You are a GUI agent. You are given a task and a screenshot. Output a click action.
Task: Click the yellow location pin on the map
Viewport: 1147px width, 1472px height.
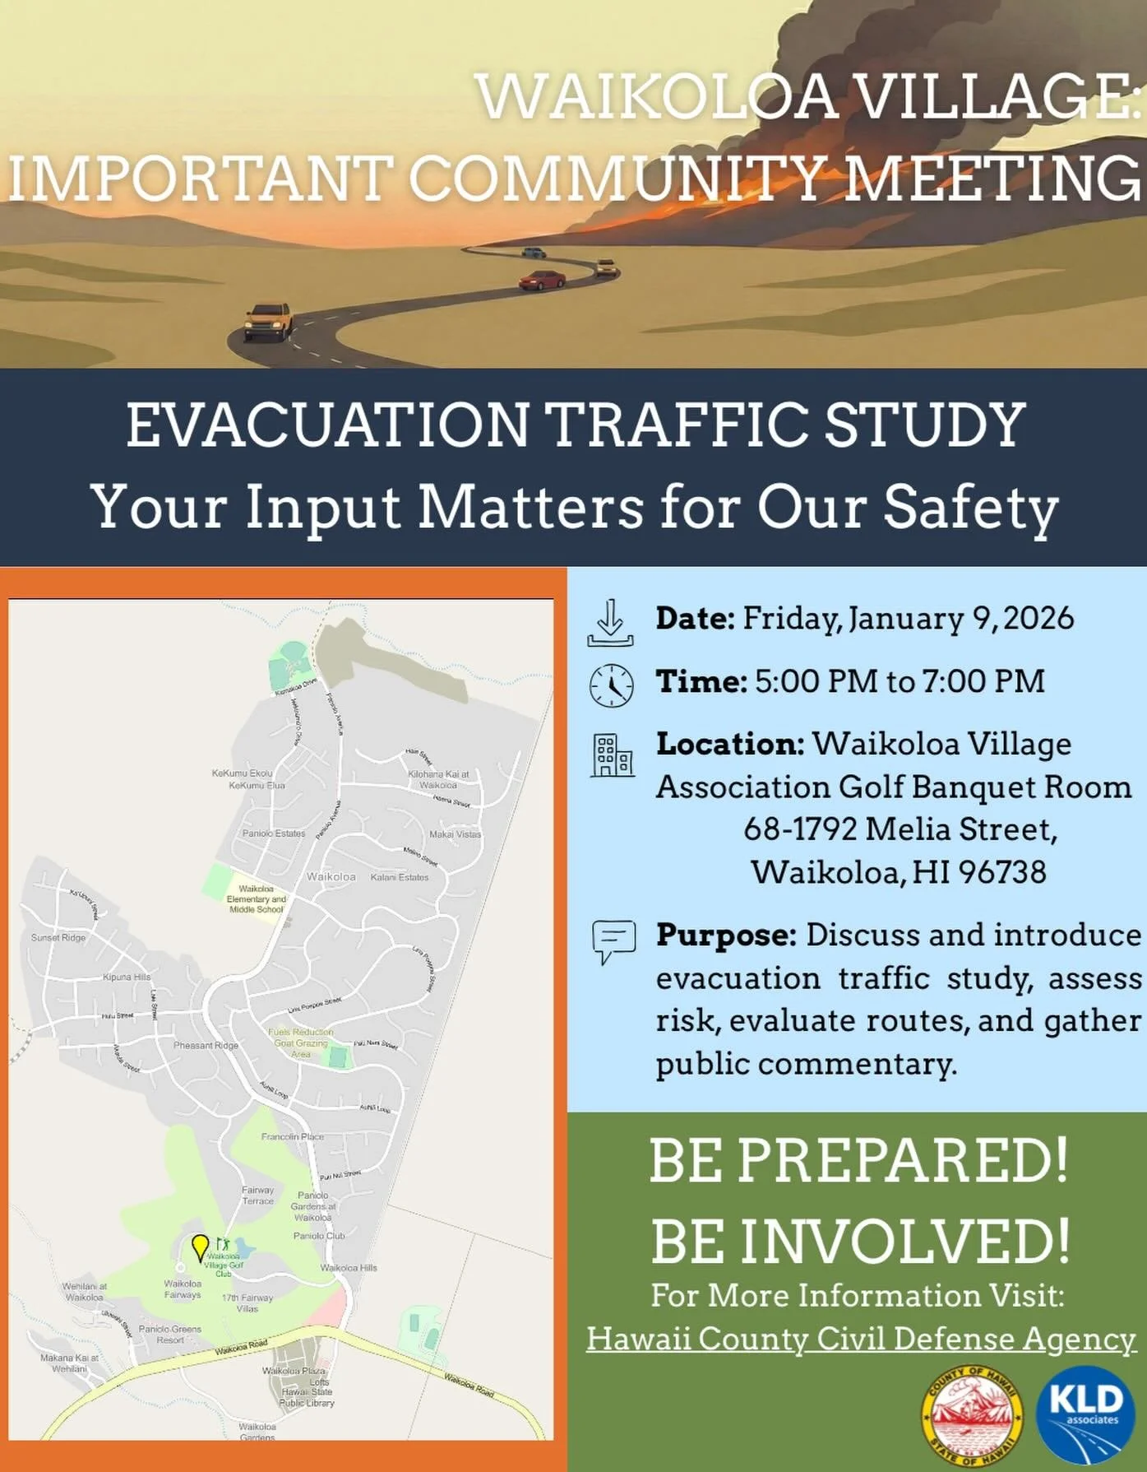tap(200, 1247)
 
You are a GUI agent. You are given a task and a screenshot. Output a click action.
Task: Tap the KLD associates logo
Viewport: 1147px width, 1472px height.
tap(1085, 1414)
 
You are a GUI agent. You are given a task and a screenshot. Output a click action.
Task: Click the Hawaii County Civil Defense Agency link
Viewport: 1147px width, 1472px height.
tap(861, 1338)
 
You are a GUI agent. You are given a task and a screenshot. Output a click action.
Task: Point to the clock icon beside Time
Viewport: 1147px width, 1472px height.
tap(612, 685)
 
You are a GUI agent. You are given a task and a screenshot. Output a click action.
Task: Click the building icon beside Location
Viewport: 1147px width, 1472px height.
tap(613, 755)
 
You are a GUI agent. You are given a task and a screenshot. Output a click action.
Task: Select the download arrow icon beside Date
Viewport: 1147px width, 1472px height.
tap(610, 623)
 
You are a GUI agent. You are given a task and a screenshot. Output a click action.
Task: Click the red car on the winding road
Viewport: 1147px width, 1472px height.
tap(543, 280)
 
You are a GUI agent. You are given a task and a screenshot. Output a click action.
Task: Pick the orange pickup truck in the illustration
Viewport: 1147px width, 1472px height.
tap(269, 321)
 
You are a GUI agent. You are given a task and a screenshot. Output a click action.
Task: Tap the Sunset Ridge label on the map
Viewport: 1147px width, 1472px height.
tap(58, 937)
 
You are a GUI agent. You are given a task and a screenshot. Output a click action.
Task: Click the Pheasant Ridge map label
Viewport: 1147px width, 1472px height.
tap(206, 1045)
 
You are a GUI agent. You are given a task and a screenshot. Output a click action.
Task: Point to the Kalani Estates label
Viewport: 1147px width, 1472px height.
tap(400, 877)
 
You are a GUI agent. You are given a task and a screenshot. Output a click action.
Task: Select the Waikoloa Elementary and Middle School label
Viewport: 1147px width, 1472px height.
tap(257, 899)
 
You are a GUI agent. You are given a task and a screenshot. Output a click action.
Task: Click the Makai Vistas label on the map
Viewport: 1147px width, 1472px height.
tap(455, 834)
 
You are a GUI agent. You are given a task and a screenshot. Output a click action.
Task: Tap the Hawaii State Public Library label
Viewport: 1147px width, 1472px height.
tap(307, 1397)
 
